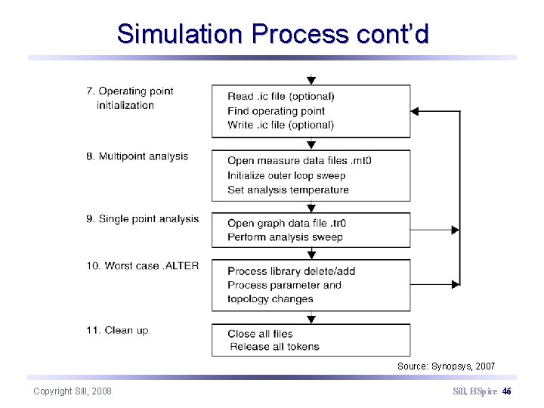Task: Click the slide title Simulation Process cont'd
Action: click(x=273, y=34)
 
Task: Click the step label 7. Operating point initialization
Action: click(x=129, y=98)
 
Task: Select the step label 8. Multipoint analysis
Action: click(x=137, y=156)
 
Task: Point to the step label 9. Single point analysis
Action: click(x=142, y=219)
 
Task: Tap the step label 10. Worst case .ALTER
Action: click(x=142, y=266)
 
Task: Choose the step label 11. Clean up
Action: click(x=117, y=330)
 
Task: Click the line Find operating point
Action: click(x=276, y=111)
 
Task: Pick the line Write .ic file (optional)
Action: click(x=280, y=125)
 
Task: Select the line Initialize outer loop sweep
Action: click(x=286, y=175)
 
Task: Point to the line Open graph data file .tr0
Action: click(x=286, y=223)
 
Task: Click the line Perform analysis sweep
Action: click(x=285, y=237)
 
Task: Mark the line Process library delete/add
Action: click(x=291, y=271)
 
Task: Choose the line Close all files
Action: click(x=260, y=334)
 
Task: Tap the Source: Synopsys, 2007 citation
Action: click(x=446, y=366)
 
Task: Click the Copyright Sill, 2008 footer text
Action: click(x=73, y=391)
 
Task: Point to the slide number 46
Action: click(x=506, y=391)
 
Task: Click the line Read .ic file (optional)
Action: click(x=280, y=96)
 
